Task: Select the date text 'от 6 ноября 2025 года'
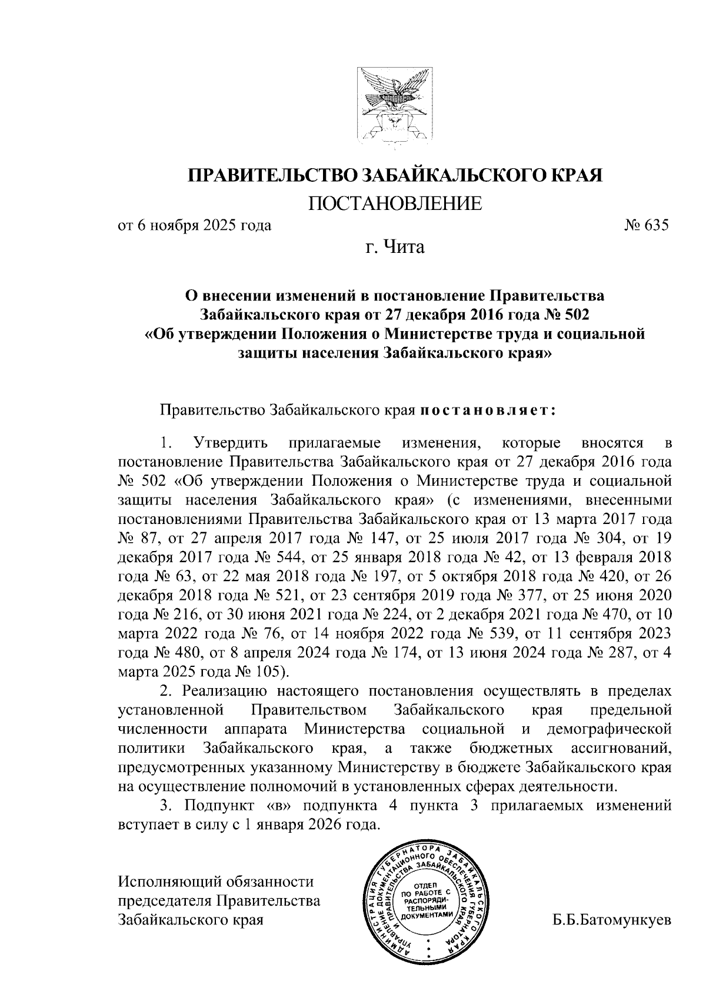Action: tap(195, 226)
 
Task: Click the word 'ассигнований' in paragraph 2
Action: tap(621, 749)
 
